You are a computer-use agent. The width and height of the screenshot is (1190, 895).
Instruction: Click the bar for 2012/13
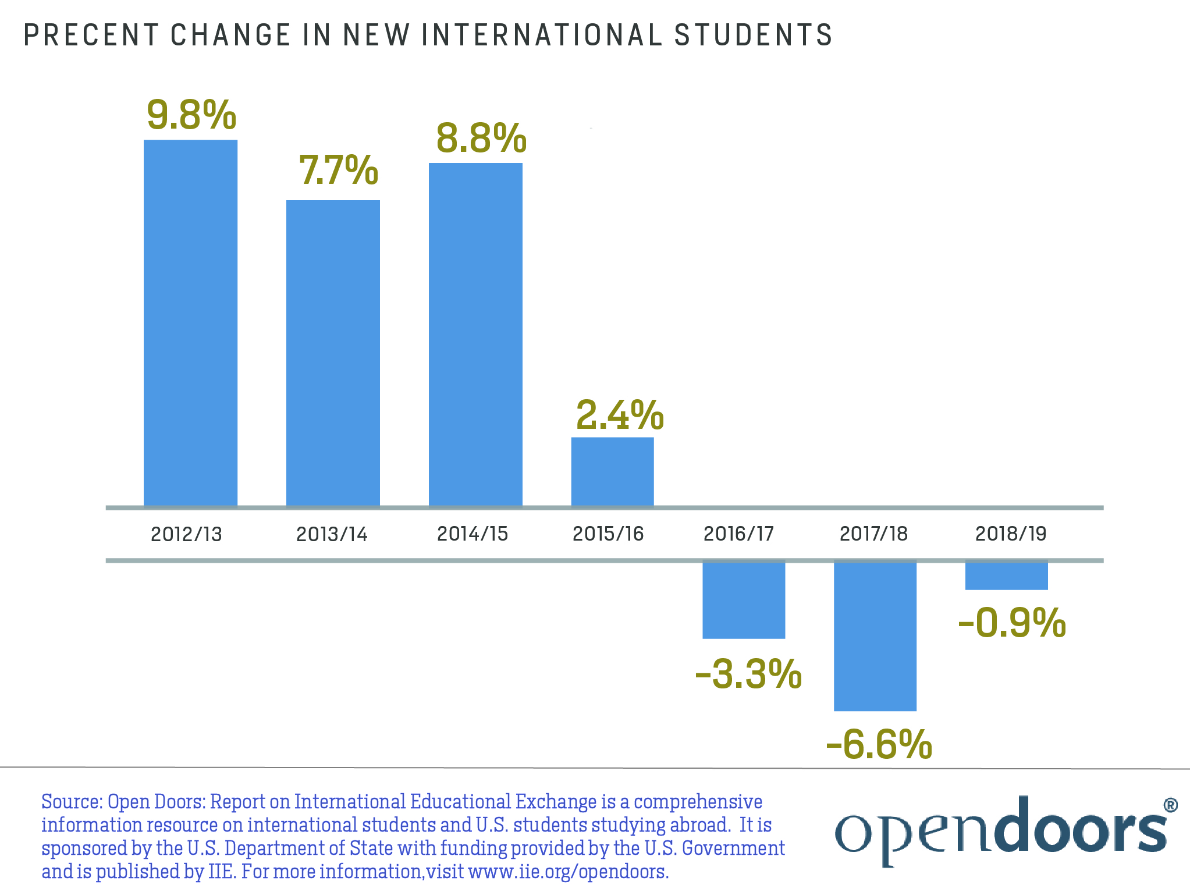coord(190,323)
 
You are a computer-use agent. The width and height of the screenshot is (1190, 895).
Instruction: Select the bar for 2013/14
coord(333,353)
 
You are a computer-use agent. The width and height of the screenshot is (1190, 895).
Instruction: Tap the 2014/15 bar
coord(475,335)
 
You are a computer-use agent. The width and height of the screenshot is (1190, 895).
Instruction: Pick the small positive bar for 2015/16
coord(612,472)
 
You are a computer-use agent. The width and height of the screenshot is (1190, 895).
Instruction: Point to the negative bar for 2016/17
coord(744,599)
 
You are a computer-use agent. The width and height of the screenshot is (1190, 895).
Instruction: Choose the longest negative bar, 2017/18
coord(875,635)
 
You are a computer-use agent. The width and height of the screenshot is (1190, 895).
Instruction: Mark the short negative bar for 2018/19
coord(1006,576)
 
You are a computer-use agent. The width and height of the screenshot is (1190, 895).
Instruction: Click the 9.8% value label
coord(191,115)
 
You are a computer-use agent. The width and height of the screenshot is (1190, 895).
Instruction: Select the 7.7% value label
coord(338,171)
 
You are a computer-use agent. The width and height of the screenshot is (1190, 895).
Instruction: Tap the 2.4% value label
coord(620,415)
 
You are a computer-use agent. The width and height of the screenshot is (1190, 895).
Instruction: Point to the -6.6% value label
coord(879,744)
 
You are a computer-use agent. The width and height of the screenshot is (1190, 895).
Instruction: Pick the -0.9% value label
coord(1011,623)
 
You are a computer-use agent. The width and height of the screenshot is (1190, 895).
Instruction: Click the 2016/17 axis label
coord(738,534)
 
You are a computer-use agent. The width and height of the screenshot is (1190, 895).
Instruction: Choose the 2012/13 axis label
coord(186,534)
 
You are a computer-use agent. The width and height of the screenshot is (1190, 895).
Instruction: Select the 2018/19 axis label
coord(1011,534)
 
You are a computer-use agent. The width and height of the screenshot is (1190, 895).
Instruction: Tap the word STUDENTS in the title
coord(754,35)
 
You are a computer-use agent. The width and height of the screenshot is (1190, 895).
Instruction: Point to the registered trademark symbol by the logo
coord(1170,805)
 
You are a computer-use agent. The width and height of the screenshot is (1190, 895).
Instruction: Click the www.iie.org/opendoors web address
coord(568,872)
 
